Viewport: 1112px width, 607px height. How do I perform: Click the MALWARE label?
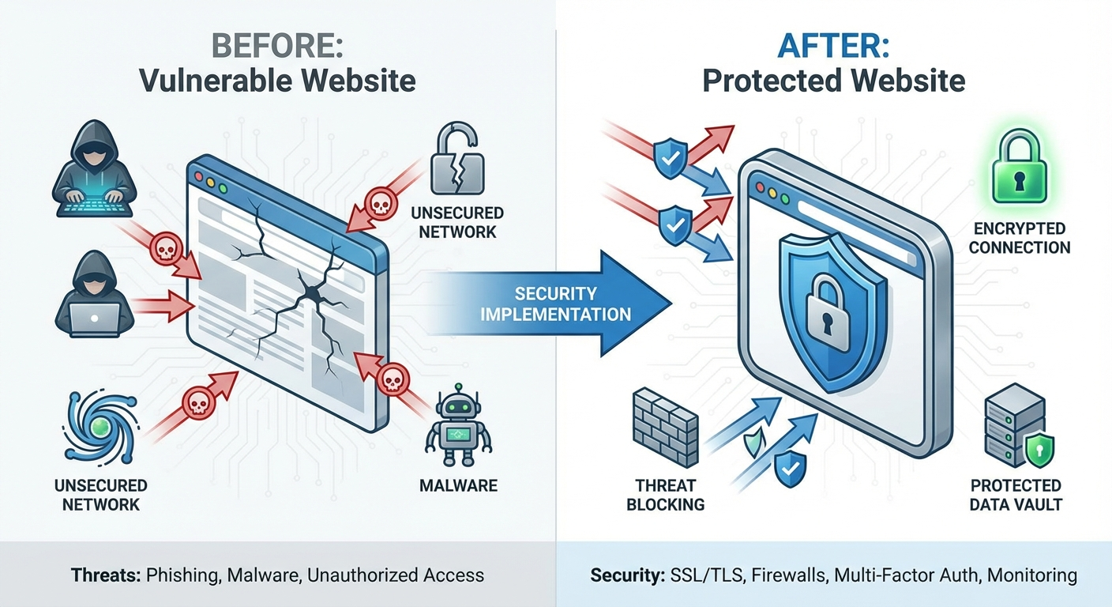coord(458,484)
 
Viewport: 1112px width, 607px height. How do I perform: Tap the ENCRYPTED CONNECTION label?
coord(1019,238)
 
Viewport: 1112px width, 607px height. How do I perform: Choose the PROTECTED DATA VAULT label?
coord(1016,495)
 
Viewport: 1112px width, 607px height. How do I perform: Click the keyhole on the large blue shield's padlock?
coord(827,320)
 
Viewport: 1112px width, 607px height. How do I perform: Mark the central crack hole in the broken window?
coord(312,294)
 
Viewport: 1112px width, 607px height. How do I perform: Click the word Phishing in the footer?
coord(181,575)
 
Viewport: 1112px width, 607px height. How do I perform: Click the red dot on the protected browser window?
coord(760,189)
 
